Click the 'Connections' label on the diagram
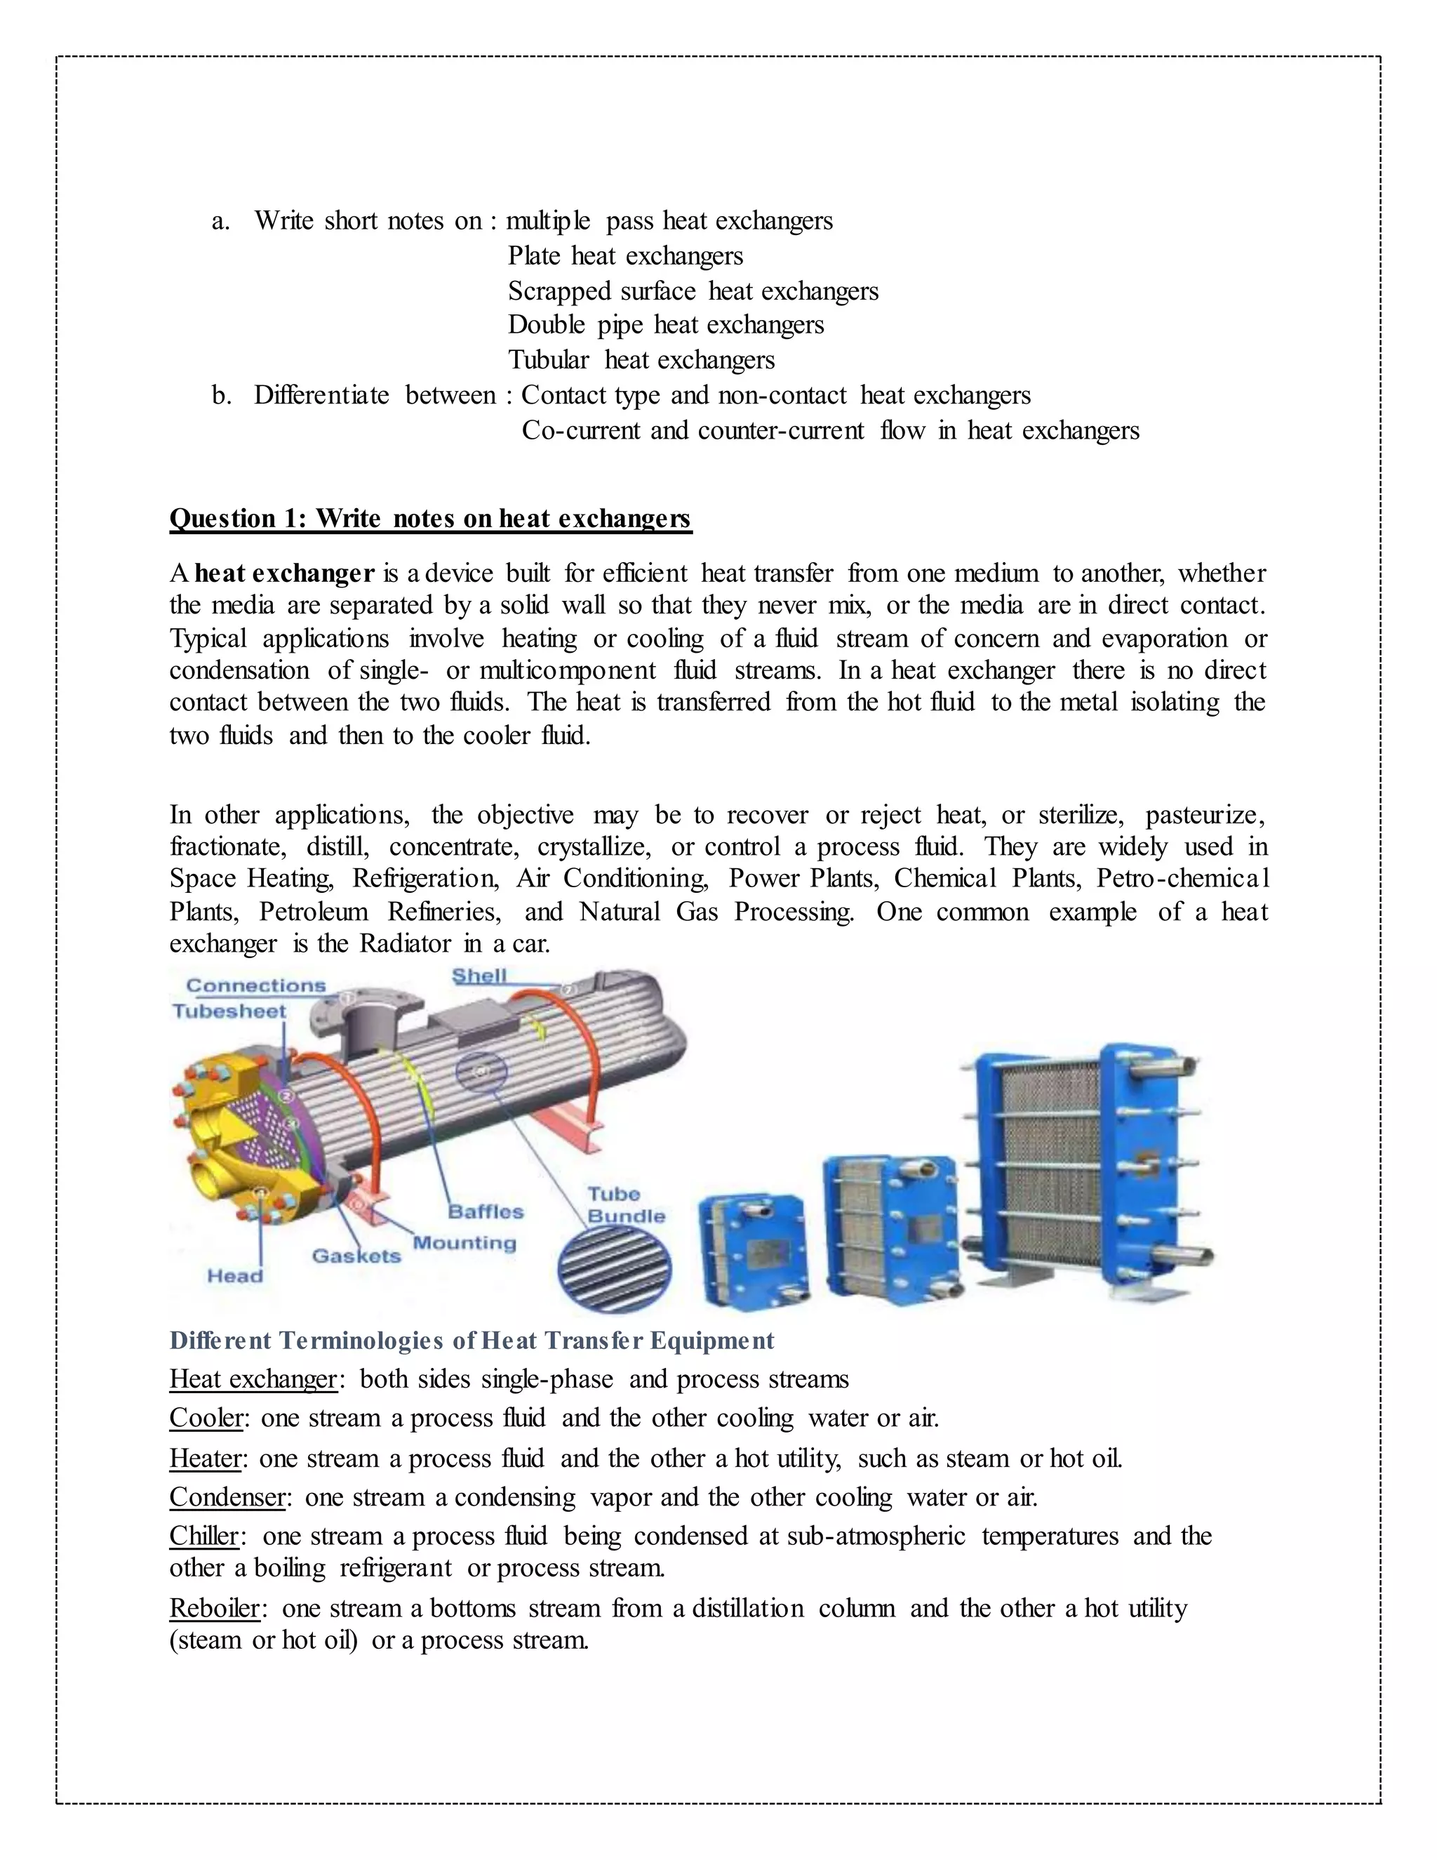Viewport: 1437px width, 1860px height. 255,985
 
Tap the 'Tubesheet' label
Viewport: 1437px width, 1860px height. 228,1011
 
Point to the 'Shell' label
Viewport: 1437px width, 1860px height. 479,976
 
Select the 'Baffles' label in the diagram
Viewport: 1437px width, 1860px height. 486,1211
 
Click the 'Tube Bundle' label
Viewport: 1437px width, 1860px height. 626,1205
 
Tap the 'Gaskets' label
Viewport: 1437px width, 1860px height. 356,1256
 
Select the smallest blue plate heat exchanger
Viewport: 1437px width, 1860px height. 750,1249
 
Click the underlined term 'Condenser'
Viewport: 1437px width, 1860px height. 227,1496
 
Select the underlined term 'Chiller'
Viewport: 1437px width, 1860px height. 204,1536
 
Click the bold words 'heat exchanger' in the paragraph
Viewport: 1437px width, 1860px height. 284,573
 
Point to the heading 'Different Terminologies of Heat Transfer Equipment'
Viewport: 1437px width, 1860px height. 472,1341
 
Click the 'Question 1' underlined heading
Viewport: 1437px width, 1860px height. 430,518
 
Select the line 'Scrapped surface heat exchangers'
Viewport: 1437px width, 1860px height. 693,291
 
